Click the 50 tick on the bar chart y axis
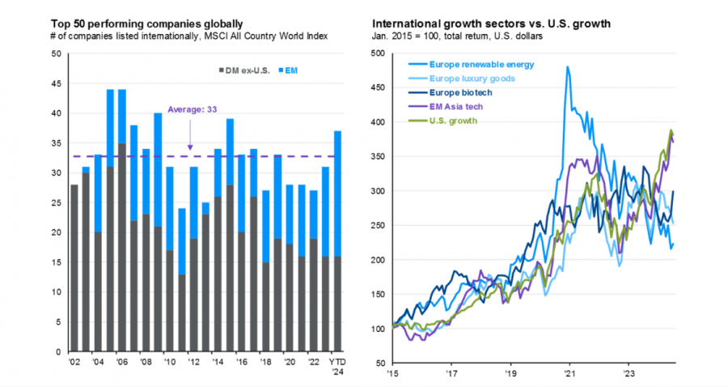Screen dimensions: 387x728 [x=55, y=54]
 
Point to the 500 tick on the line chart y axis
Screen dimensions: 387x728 [x=378, y=54]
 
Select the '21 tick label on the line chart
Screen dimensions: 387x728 [x=568, y=375]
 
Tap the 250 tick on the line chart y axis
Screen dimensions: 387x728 [x=378, y=226]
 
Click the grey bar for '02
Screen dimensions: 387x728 [x=74, y=268]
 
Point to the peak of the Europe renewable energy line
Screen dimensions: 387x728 [x=568, y=68]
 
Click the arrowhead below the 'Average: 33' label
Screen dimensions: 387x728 [x=192, y=147]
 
